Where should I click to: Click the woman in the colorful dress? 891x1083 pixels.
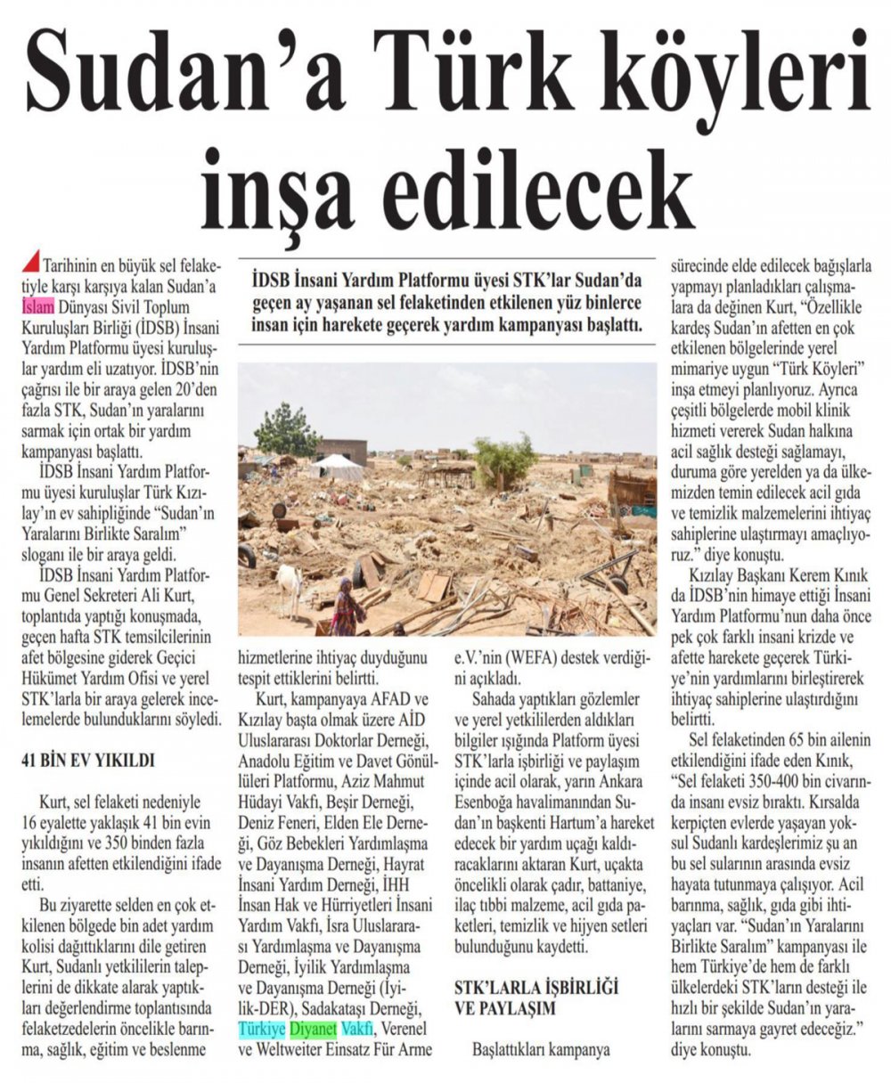click(x=346, y=608)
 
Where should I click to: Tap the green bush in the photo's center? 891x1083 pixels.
click(x=504, y=460)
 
